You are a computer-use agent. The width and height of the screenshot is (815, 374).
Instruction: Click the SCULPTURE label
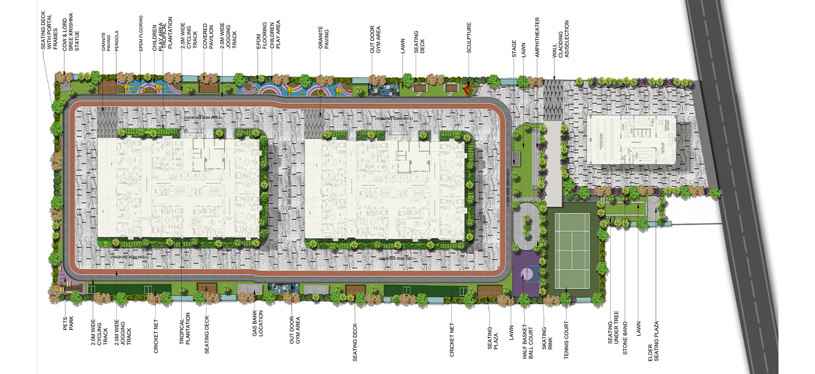tap(469, 38)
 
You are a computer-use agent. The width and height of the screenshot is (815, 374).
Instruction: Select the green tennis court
tap(572, 250)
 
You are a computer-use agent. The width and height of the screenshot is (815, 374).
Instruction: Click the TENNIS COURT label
tap(566, 340)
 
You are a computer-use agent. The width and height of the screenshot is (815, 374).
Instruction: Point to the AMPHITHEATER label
tap(537, 37)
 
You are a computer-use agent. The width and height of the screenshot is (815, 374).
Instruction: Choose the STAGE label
tap(514, 49)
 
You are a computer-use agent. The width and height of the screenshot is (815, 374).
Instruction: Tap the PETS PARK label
tap(68, 324)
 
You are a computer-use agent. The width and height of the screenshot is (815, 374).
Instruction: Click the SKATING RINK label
tap(547, 338)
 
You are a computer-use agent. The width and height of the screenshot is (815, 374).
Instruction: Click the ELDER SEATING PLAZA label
tap(653, 341)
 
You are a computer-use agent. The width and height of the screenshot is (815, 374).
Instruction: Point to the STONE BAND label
tap(625, 338)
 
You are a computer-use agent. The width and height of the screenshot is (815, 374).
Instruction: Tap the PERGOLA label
tap(117, 41)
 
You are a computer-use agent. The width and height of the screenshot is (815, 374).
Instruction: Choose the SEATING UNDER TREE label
tap(613, 328)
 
